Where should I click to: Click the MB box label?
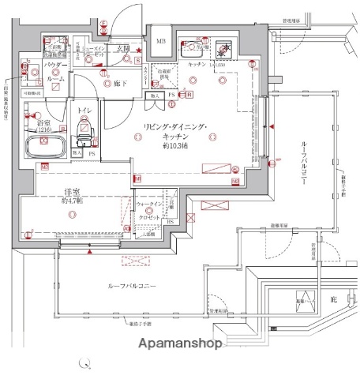160,42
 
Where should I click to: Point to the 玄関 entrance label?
125,49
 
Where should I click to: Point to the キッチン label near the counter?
197,64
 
